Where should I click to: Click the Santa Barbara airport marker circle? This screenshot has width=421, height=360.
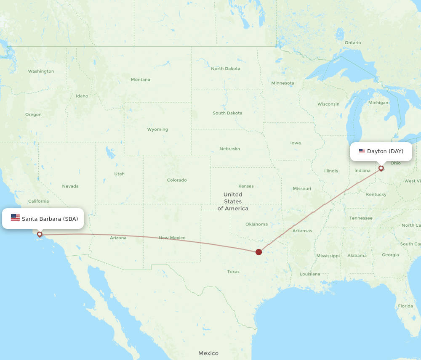click(40, 234)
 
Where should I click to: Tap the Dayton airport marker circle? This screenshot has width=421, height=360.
click(381, 168)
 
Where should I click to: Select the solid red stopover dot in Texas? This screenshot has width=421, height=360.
click(258, 252)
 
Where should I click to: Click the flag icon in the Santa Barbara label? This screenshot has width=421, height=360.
click(15, 218)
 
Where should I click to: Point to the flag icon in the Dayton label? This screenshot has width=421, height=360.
click(362, 151)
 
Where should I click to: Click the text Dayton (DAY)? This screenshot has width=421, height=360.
click(385, 151)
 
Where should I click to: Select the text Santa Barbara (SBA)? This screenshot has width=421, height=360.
click(50, 219)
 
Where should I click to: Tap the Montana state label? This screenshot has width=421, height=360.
click(140, 79)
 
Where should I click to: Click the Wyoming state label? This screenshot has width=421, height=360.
click(157, 130)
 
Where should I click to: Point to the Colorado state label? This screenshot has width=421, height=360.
click(177, 180)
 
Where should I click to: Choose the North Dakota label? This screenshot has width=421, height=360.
click(226, 69)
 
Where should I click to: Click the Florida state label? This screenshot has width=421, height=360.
click(405, 306)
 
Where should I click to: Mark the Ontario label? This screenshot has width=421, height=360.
click(353, 42)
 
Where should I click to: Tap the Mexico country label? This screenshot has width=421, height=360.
click(208, 353)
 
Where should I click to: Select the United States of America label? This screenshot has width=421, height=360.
click(233, 201)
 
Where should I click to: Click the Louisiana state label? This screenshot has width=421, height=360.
click(310, 274)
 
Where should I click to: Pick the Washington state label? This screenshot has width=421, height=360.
click(41, 71)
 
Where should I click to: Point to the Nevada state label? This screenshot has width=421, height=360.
click(70, 186)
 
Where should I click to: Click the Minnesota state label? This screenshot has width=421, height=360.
click(282, 83)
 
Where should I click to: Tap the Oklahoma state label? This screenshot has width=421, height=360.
click(256, 224)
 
